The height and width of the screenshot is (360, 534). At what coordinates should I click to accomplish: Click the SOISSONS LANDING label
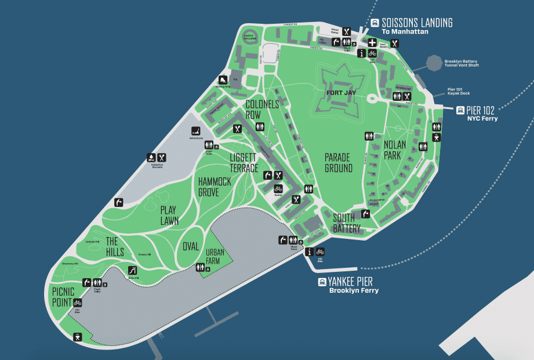[417, 23]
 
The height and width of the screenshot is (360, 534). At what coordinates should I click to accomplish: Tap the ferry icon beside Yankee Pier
[322, 282]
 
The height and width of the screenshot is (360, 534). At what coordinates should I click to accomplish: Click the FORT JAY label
[342, 92]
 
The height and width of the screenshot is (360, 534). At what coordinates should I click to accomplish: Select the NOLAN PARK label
[394, 150]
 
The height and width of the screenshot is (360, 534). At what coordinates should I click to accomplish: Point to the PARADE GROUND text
[338, 163]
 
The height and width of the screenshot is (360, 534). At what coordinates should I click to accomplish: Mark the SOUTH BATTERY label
[347, 223]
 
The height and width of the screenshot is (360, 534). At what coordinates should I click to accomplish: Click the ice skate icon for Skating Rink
[223, 80]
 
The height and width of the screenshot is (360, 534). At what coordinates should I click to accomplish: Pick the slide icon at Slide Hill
[133, 270]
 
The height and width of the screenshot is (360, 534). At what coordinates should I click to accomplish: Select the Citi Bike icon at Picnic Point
[78, 302]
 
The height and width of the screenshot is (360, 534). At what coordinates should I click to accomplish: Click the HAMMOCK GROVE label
[215, 187]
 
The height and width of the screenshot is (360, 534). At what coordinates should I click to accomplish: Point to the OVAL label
[191, 246]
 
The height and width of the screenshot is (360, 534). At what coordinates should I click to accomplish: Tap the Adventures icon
[196, 130]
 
